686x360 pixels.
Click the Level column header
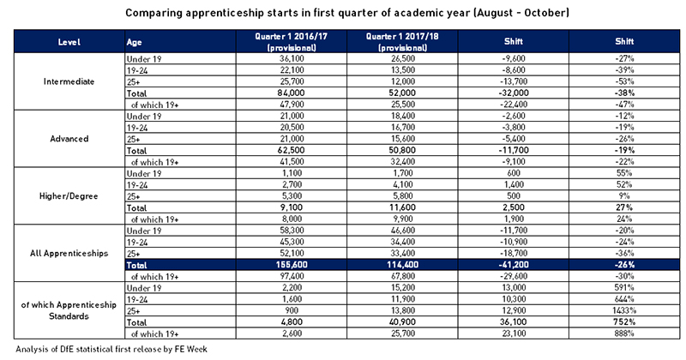click(69, 42)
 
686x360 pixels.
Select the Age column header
click(134, 42)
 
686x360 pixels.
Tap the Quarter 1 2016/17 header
click(292, 41)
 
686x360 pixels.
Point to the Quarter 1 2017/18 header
click(402, 41)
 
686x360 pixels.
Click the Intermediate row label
click(69, 81)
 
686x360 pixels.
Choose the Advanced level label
click(69, 139)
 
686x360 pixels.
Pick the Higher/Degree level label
click(69, 196)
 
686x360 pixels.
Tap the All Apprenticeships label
click(69, 253)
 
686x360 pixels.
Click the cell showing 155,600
click(292, 265)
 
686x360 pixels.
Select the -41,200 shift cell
click(513, 265)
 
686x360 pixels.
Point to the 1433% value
click(624, 310)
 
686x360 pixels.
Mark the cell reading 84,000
click(292, 93)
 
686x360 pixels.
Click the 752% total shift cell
click(624, 322)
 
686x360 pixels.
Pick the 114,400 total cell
click(402, 265)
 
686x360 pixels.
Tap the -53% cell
click(624, 81)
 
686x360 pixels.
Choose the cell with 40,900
click(402, 322)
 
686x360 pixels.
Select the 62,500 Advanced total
click(292, 150)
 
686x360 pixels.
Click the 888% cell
click(624, 333)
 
